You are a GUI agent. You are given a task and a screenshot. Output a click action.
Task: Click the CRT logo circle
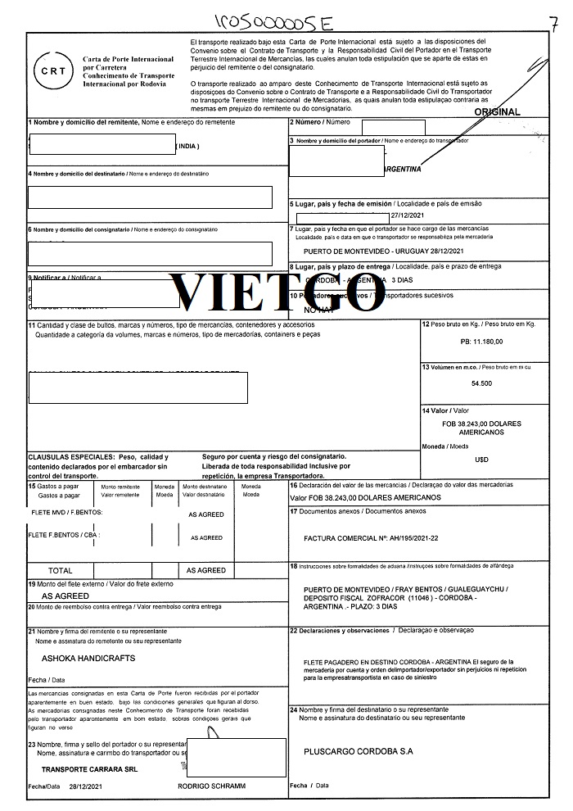click(48, 70)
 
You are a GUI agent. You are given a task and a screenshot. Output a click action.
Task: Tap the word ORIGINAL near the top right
click(497, 111)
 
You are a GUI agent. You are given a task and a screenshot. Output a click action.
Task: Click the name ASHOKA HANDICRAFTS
click(88, 658)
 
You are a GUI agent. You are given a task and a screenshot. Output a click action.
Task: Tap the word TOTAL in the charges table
click(61, 570)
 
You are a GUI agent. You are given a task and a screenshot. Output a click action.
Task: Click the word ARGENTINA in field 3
click(402, 169)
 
